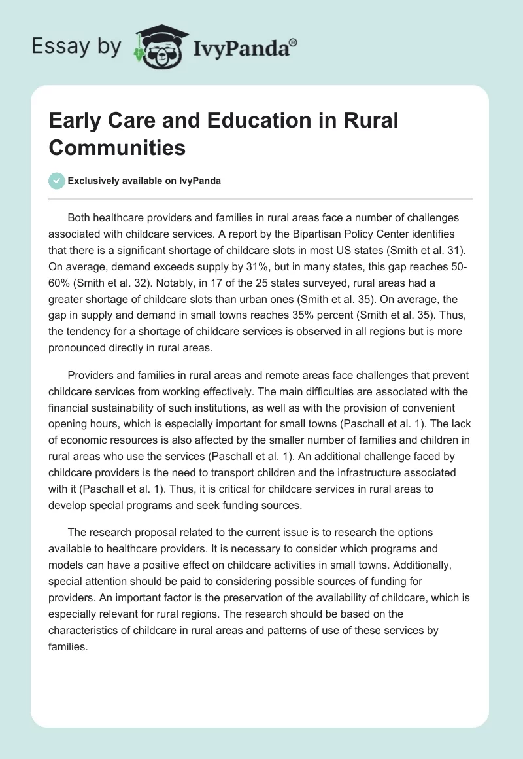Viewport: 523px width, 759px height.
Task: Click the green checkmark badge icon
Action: coord(57,181)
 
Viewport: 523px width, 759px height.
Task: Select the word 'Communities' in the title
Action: coord(117,147)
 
